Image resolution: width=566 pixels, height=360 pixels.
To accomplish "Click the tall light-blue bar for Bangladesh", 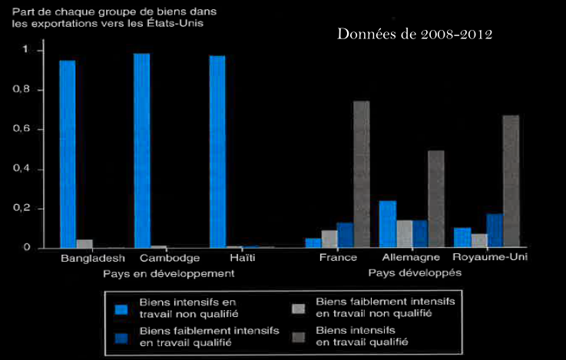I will coord(68,154).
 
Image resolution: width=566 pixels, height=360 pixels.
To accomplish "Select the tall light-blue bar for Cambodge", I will coord(142,150).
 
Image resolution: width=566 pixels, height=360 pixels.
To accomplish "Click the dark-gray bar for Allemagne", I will coord(435,199).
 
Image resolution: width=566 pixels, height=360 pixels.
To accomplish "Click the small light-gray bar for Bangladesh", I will coord(84,243).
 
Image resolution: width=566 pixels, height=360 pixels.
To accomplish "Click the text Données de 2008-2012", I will coord(415,35).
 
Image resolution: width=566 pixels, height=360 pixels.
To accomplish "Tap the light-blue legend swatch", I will coord(120,309).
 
